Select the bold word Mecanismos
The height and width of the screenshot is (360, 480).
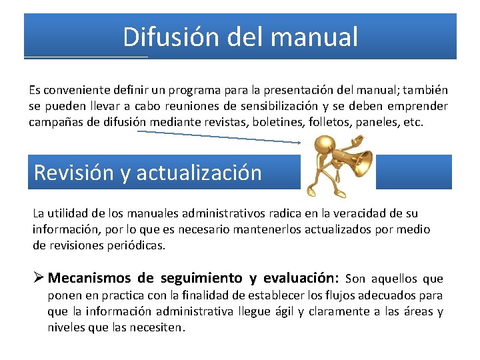click(90, 278)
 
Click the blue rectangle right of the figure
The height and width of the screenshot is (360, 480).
click(413, 172)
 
